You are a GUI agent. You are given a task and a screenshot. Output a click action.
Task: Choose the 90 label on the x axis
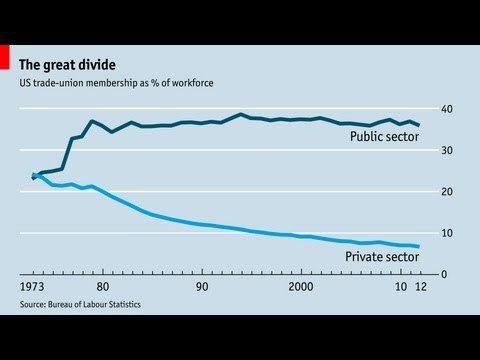(x=202, y=287)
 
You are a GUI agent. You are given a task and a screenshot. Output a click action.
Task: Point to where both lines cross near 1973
(x=37, y=176)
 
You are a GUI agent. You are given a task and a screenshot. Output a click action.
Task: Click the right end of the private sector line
(x=419, y=246)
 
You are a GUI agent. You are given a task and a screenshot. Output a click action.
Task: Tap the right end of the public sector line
(x=419, y=125)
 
